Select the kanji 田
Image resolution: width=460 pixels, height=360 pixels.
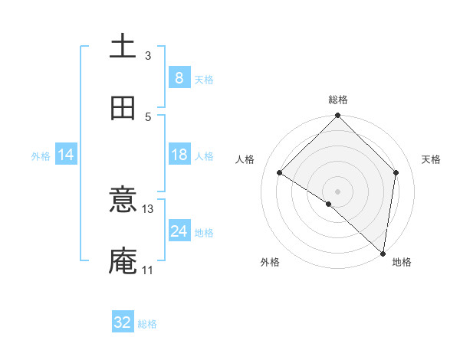(123, 109)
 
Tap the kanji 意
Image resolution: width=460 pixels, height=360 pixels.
(123, 201)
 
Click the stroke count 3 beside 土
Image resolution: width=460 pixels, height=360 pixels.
(148, 55)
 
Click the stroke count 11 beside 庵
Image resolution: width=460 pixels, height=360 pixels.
(148, 270)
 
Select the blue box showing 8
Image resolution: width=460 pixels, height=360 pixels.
(179, 78)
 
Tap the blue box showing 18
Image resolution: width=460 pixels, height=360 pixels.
(179, 155)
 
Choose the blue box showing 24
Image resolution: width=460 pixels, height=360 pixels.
(179, 231)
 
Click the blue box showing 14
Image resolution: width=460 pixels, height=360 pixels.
(66, 155)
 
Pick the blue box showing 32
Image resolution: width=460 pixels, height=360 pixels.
(123, 322)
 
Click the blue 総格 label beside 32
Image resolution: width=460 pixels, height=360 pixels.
(147, 324)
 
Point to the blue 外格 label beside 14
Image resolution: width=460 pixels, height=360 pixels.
(41, 156)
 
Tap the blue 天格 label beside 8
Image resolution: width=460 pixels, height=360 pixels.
(204, 80)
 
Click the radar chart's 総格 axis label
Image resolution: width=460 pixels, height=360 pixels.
(338, 100)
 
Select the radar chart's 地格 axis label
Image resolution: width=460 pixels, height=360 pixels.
(402, 263)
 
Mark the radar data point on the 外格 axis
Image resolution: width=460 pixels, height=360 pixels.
(329, 204)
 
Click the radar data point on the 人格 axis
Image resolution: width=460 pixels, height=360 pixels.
(280, 172)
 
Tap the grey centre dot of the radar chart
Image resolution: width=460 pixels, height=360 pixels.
(338, 191)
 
